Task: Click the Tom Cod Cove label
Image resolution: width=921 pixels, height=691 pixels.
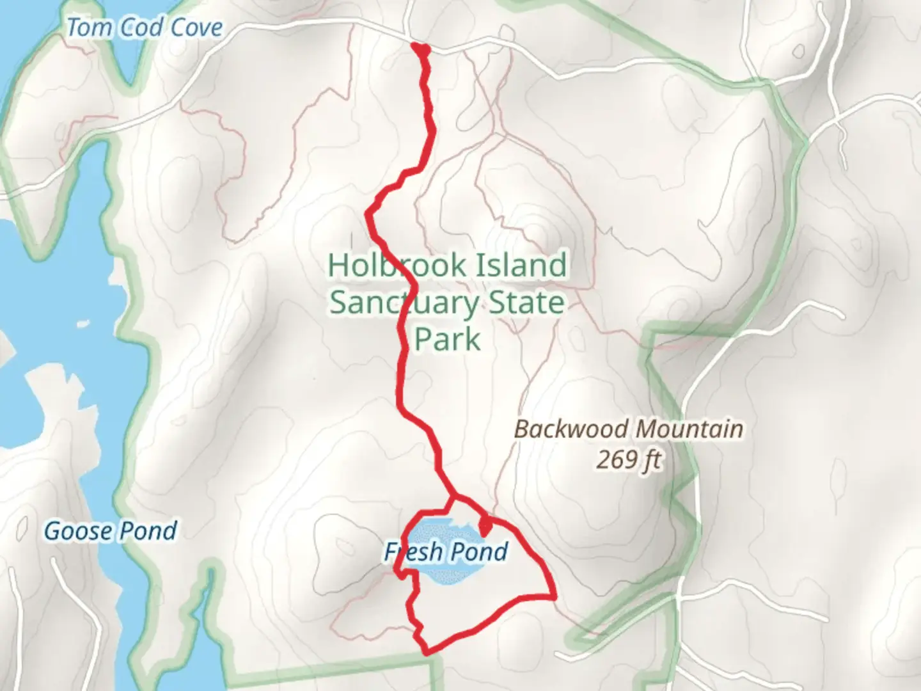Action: click(x=145, y=28)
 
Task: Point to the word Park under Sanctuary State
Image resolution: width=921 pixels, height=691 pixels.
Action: click(x=447, y=338)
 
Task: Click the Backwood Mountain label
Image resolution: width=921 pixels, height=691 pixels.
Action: click(x=629, y=429)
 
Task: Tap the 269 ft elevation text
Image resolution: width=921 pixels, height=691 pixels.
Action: click(x=629, y=459)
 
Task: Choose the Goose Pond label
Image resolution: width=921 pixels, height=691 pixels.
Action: click(x=110, y=531)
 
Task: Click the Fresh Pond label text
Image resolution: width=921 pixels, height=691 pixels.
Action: click(x=446, y=552)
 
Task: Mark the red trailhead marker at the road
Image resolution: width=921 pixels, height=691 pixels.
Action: click(x=420, y=48)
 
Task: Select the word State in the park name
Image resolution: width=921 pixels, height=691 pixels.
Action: click(x=527, y=302)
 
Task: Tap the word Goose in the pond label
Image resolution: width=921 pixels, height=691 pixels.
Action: click(x=78, y=531)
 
